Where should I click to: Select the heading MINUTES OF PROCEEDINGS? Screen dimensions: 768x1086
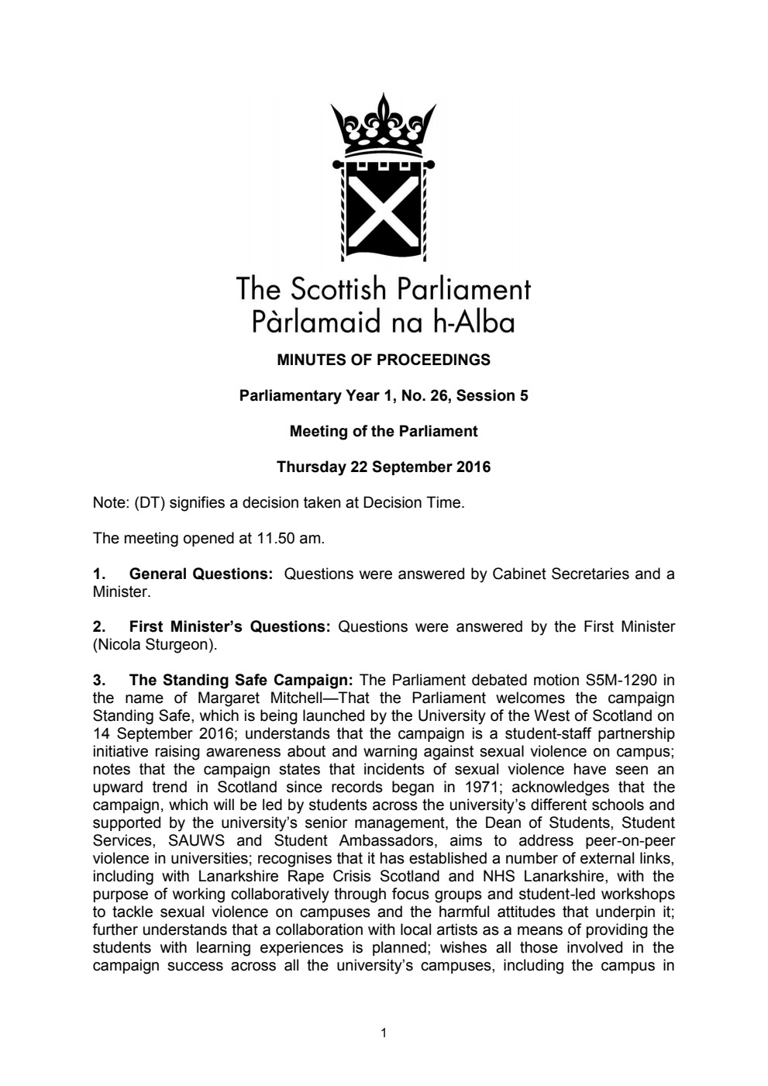[x=384, y=360]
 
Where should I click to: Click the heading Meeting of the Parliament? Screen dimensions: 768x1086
[x=384, y=431]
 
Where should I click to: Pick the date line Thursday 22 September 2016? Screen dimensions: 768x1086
[x=384, y=467]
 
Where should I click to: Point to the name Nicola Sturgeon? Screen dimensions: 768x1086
[x=153, y=644]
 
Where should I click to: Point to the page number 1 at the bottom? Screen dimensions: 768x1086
[x=384, y=1033]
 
